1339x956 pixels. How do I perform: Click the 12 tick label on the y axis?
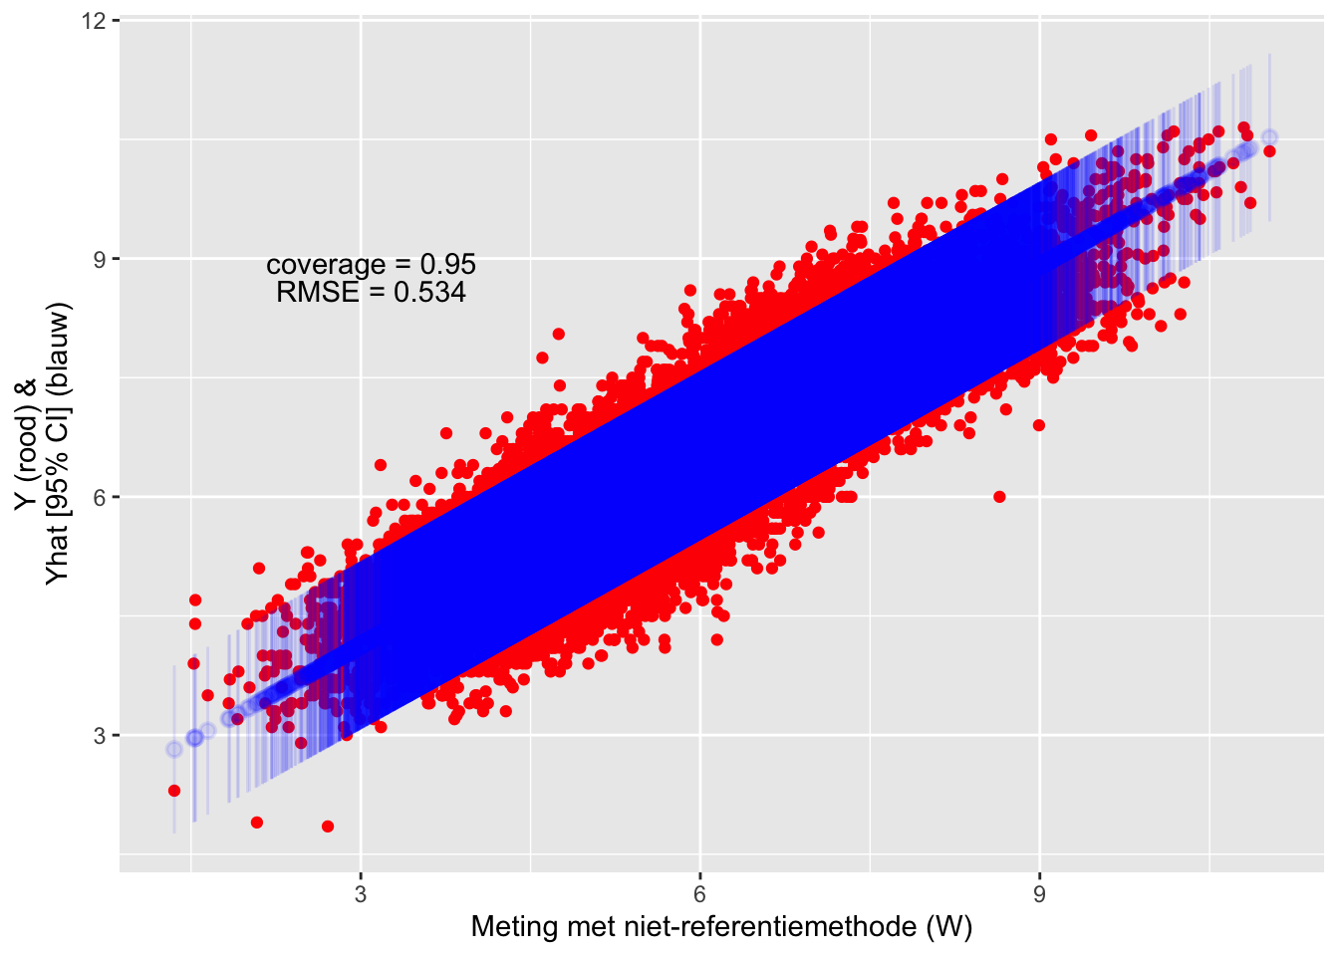(96, 21)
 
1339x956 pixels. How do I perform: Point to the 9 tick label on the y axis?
(101, 259)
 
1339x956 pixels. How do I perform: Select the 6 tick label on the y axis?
(101, 497)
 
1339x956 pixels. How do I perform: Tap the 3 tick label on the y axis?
(101, 736)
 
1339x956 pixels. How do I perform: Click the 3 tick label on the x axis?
(361, 894)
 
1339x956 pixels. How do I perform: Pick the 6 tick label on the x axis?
(700, 894)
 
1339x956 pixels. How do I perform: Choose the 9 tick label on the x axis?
(1040, 894)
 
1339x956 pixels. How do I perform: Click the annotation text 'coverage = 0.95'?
(371, 265)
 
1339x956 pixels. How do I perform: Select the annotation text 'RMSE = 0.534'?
(371, 292)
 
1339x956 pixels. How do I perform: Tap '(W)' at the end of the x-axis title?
(948, 927)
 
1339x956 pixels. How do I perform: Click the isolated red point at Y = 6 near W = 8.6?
(999, 497)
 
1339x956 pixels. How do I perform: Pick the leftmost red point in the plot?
(174, 791)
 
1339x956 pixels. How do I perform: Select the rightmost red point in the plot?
(1269, 151)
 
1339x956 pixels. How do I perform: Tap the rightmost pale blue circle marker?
(1269, 136)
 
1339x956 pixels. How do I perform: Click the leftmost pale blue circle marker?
(174, 749)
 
